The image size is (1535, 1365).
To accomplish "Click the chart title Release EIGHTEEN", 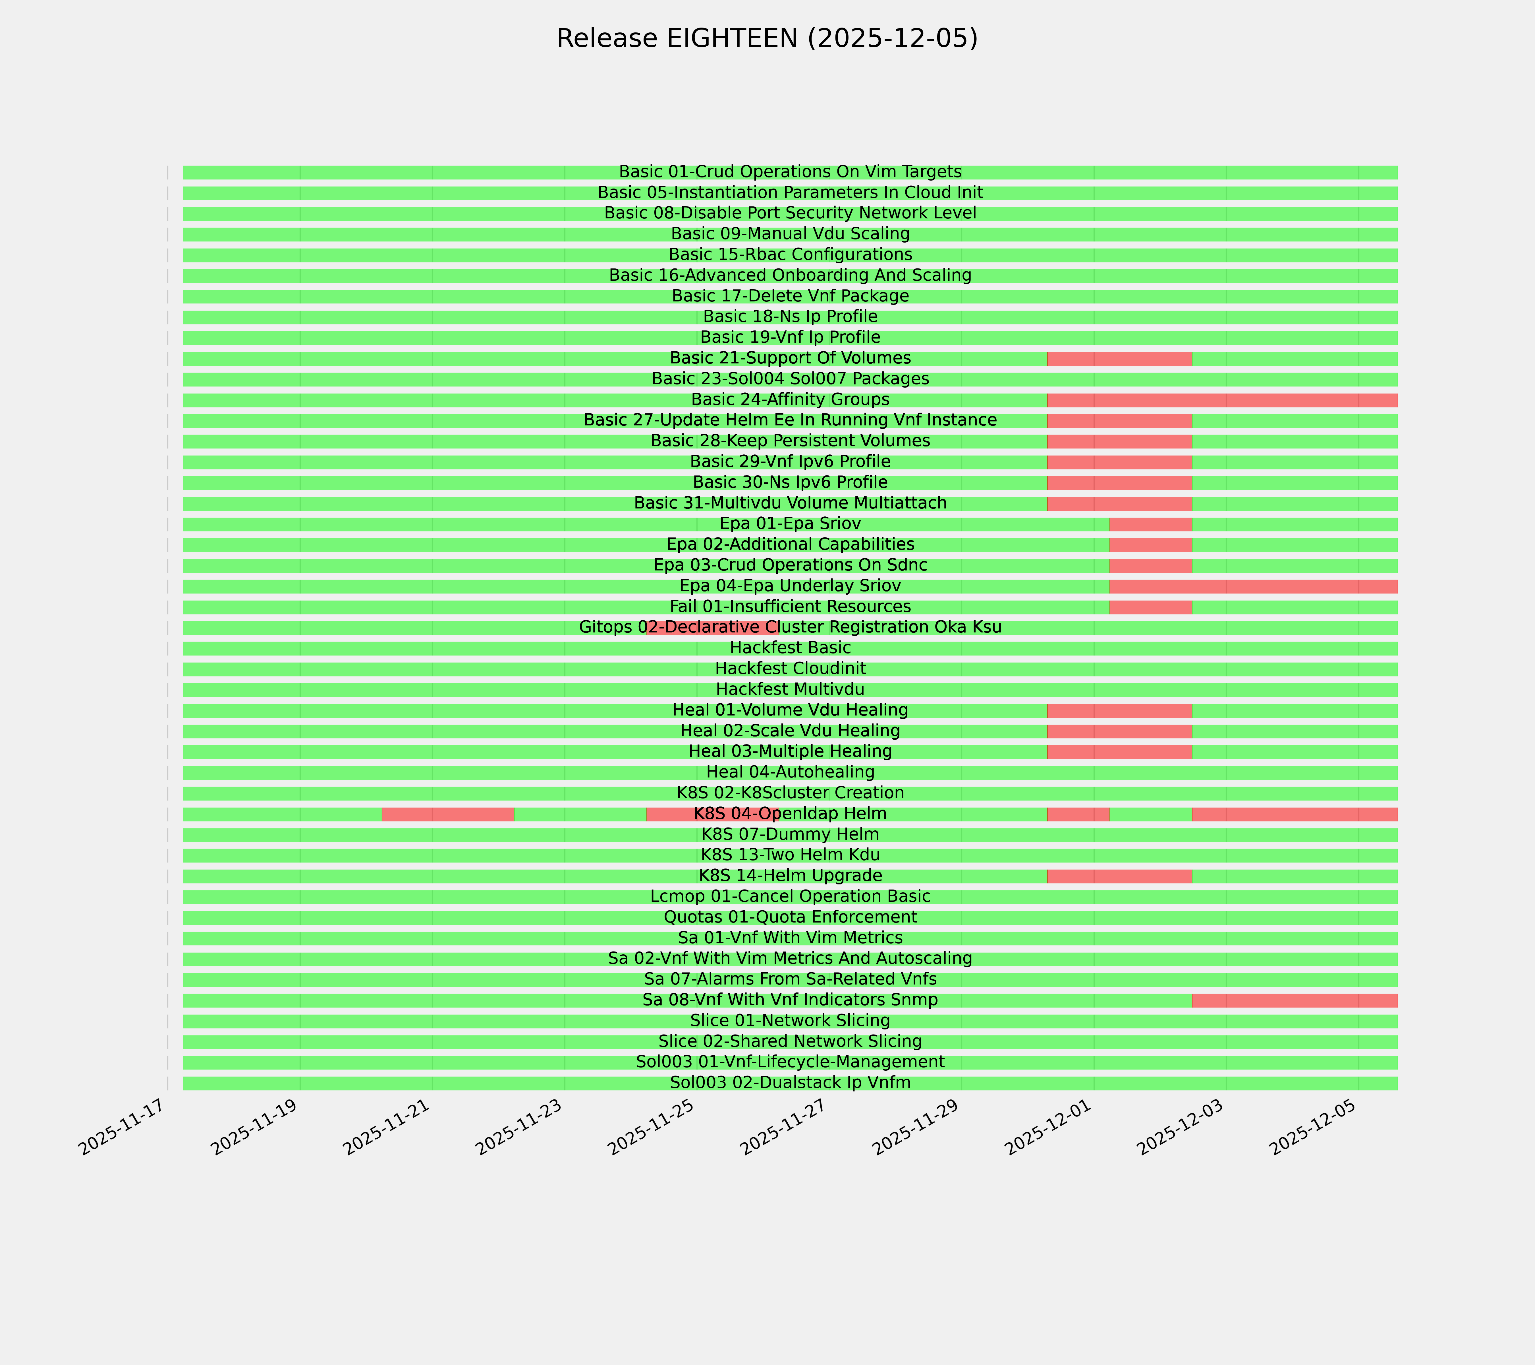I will click(767, 38).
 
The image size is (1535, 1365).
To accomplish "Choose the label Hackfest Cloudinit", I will click(790, 669).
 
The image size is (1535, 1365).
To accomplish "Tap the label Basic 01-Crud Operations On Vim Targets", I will click(790, 172).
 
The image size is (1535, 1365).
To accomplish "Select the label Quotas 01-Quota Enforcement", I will click(790, 917).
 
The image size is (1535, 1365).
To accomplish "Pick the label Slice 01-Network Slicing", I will click(790, 1021).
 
